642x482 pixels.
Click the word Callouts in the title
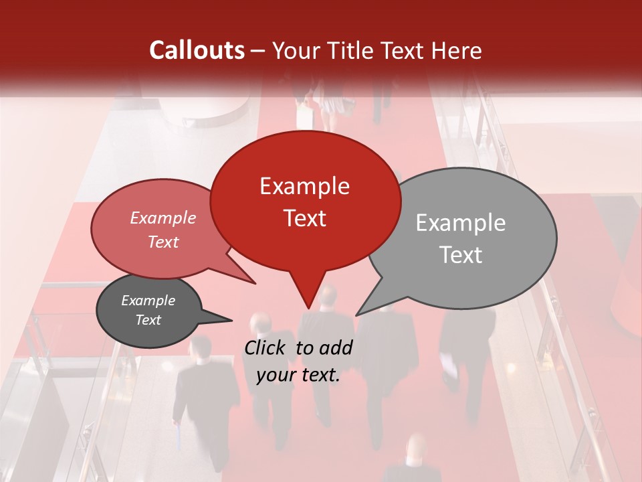pyautogui.click(x=197, y=50)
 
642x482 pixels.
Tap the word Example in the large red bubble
pyautogui.click(x=304, y=186)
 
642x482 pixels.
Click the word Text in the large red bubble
pyautogui.click(x=304, y=218)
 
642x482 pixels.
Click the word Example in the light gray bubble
pyautogui.click(x=460, y=223)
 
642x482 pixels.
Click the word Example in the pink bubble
pyautogui.click(x=163, y=218)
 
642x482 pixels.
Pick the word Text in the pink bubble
pyautogui.click(x=163, y=242)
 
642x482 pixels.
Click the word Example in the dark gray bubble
pyautogui.click(x=148, y=301)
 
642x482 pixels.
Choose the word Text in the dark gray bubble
pyautogui.click(x=148, y=320)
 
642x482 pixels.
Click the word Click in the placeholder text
pyautogui.click(x=265, y=347)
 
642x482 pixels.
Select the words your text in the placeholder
pyautogui.click(x=298, y=375)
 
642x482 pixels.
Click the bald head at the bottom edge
pyautogui.click(x=415, y=448)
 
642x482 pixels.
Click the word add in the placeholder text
pyautogui.click(x=335, y=347)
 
